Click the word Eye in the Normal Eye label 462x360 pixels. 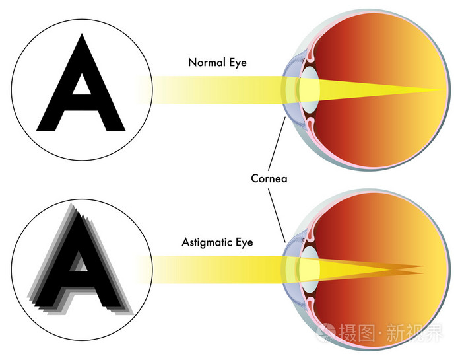coord(238,63)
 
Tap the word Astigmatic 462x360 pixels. coord(207,242)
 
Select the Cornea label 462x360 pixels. coord(269,178)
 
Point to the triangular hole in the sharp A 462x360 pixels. coord(82,85)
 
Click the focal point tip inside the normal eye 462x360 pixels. coord(445,90)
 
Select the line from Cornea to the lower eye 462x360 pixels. coord(277,215)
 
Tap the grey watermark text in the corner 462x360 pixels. coord(380,332)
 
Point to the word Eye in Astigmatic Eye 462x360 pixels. coord(244,243)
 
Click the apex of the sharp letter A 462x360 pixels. coord(82,34)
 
